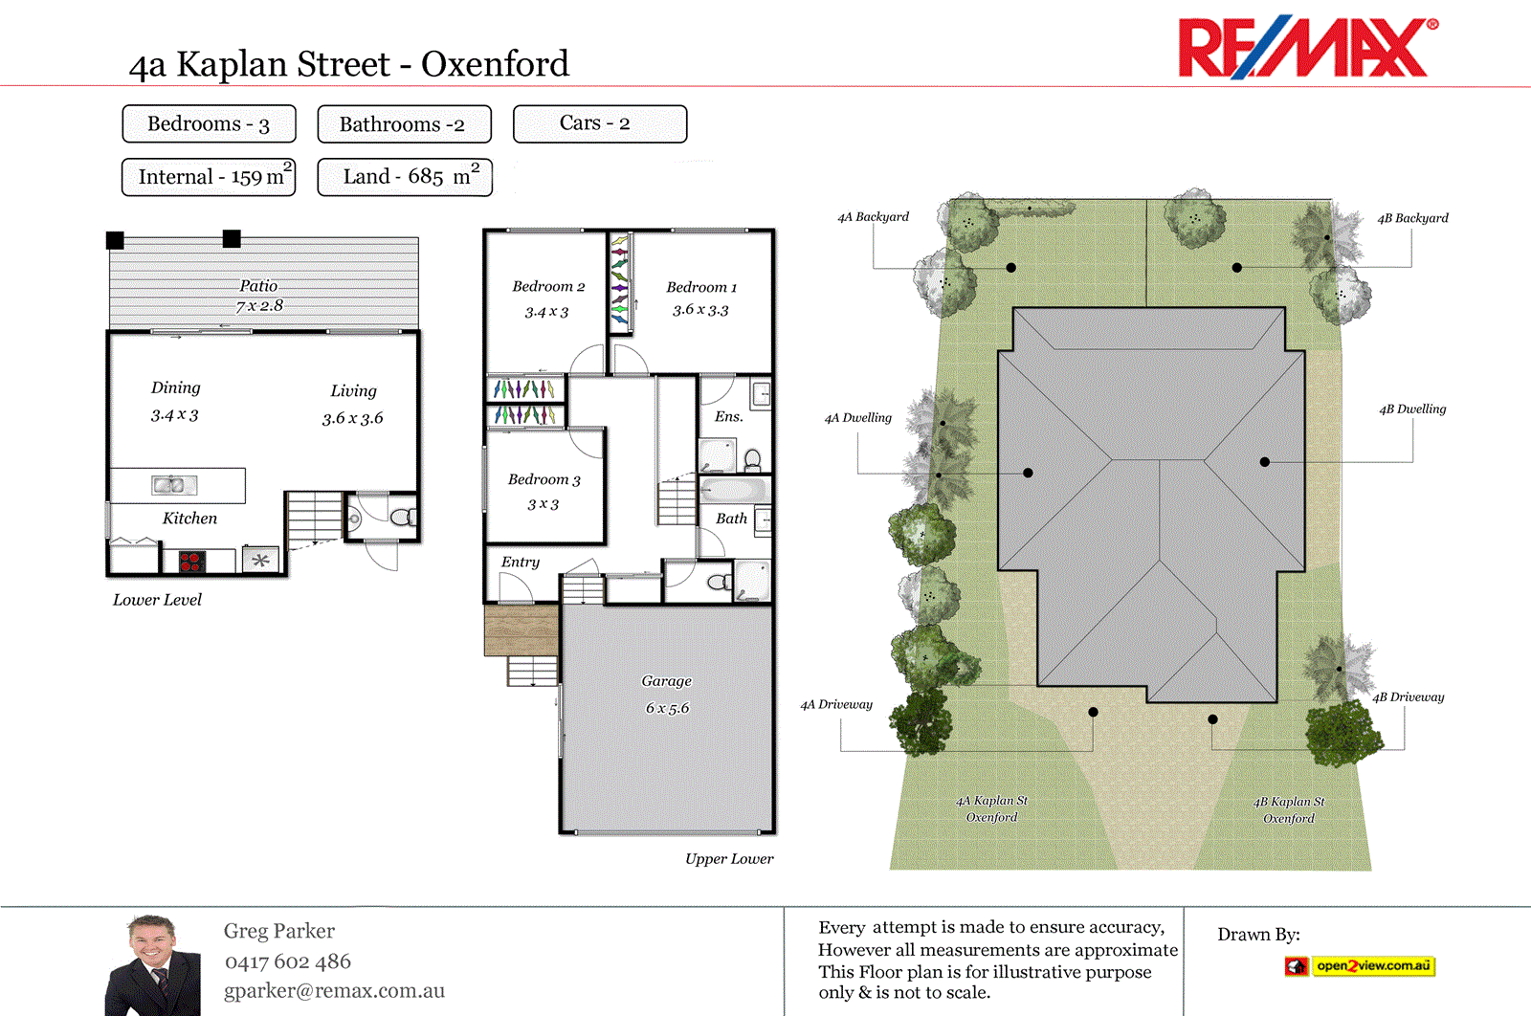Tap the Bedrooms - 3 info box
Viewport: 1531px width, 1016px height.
pyautogui.click(x=209, y=124)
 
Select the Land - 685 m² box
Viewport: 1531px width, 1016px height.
pyautogui.click(x=405, y=177)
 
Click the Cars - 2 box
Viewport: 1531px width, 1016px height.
pyautogui.click(x=599, y=123)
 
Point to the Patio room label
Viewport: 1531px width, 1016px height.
pyautogui.click(x=258, y=286)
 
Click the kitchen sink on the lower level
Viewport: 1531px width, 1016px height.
pyautogui.click(x=174, y=485)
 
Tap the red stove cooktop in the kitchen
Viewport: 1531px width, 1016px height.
pyautogui.click(x=190, y=562)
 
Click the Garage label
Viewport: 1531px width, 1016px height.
pyautogui.click(x=666, y=681)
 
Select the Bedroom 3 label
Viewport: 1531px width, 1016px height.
pyautogui.click(x=544, y=479)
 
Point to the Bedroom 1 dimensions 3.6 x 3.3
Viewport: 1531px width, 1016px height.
pyautogui.click(x=700, y=310)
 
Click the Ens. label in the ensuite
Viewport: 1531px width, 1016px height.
pyautogui.click(x=728, y=416)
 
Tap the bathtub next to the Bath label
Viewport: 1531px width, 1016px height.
pyautogui.click(x=734, y=491)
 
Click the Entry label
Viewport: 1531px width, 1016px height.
pyautogui.click(x=521, y=563)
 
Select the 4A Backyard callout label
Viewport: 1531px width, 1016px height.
pyautogui.click(x=873, y=217)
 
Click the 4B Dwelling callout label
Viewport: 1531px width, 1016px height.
pyautogui.click(x=1412, y=409)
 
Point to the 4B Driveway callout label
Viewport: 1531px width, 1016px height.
pyautogui.click(x=1408, y=697)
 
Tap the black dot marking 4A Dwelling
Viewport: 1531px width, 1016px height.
pyautogui.click(x=1028, y=473)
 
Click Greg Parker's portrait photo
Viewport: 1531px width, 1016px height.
pyautogui.click(x=153, y=966)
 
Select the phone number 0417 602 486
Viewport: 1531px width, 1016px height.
pyautogui.click(x=288, y=961)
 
